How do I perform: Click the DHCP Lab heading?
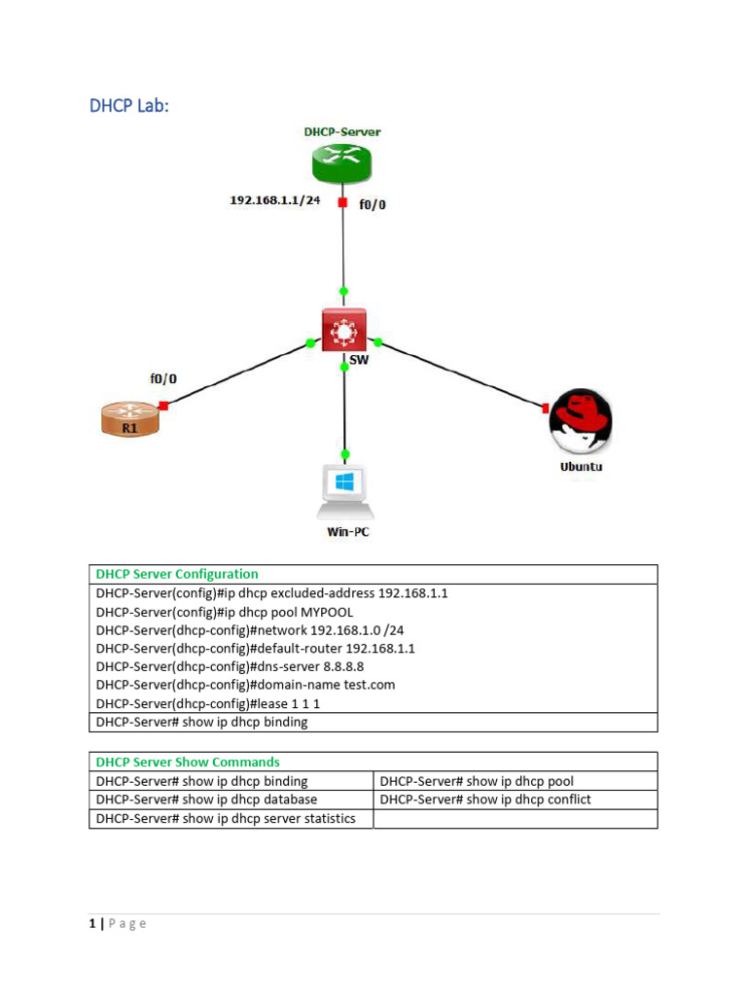128,106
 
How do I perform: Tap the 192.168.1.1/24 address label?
275,200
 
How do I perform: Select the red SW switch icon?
343,331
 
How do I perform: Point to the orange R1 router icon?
128,419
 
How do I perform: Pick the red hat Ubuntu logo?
581,422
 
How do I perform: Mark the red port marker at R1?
164,405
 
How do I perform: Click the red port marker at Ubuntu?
547,408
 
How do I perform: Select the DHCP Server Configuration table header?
176,574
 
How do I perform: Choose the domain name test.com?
364,685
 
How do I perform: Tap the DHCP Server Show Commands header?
187,762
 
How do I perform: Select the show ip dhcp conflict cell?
485,800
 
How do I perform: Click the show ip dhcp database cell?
206,800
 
